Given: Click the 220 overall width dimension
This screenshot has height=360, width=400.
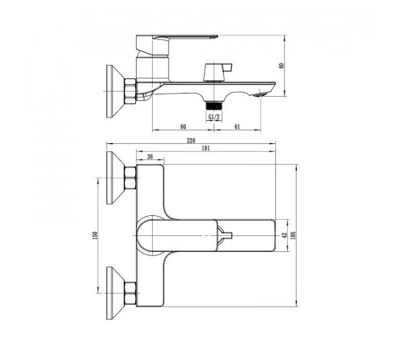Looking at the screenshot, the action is (191, 141).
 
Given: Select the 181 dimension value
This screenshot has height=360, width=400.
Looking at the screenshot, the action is (206, 149).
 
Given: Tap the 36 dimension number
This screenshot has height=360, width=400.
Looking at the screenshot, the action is (150, 157).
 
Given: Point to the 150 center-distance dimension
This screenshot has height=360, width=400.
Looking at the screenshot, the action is (96, 235).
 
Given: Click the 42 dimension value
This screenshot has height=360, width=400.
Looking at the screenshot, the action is (285, 235).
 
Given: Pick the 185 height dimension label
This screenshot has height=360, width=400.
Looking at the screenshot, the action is (294, 235).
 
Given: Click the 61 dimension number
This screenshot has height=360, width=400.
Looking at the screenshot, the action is (238, 127).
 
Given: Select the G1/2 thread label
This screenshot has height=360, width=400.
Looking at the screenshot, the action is (214, 117).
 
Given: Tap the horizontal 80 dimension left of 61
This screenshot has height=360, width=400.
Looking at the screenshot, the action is (183, 127).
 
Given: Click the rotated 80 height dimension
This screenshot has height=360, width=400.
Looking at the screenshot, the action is (282, 66).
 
